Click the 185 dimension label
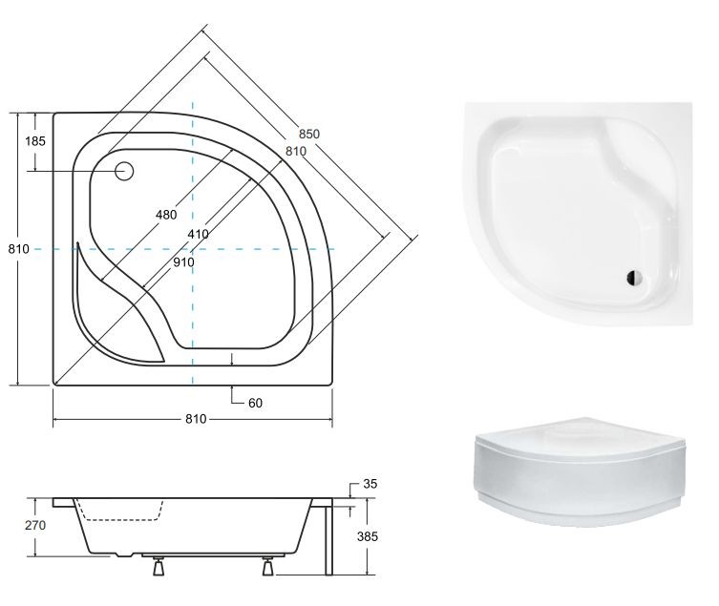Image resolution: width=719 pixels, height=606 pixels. click(x=35, y=140)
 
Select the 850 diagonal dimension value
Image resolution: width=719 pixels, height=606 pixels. click(x=309, y=134)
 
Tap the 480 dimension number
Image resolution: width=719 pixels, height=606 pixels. click(x=166, y=215)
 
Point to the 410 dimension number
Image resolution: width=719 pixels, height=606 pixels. click(x=198, y=234)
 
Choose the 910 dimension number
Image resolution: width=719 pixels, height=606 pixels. click(x=183, y=262)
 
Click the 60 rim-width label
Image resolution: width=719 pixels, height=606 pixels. click(x=255, y=403)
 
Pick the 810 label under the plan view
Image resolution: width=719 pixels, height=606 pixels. click(x=196, y=419)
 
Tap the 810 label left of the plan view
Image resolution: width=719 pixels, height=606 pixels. click(x=19, y=249)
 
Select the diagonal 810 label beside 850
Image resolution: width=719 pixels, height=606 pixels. click(x=296, y=152)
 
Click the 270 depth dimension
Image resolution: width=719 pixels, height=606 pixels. click(x=35, y=525)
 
